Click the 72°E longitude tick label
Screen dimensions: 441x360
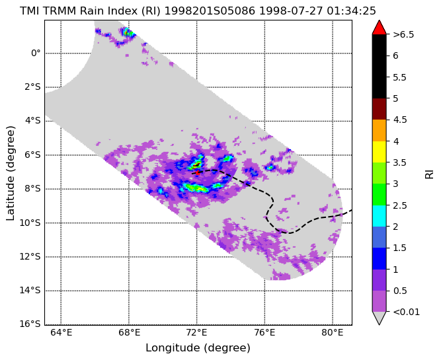(197, 333)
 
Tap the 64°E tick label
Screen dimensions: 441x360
(61, 333)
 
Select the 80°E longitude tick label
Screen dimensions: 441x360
(333, 333)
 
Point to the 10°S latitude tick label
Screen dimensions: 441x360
(30, 223)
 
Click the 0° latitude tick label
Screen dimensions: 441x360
(36, 53)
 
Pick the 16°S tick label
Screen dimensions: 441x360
(30, 324)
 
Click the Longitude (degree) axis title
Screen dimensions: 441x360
(198, 348)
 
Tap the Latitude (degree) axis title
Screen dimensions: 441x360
(10, 173)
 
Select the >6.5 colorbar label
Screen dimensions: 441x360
(403, 34)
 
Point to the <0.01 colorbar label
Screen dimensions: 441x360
(406, 312)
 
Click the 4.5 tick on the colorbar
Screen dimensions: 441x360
(400, 120)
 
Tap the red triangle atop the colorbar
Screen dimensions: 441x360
(379, 28)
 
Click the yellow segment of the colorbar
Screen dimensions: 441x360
(379, 152)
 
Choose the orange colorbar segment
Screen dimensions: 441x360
(379, 130)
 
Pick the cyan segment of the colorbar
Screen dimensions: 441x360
(379, 216)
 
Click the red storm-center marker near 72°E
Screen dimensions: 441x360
(198, 172)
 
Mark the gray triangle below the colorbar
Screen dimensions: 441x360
(379, 318)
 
